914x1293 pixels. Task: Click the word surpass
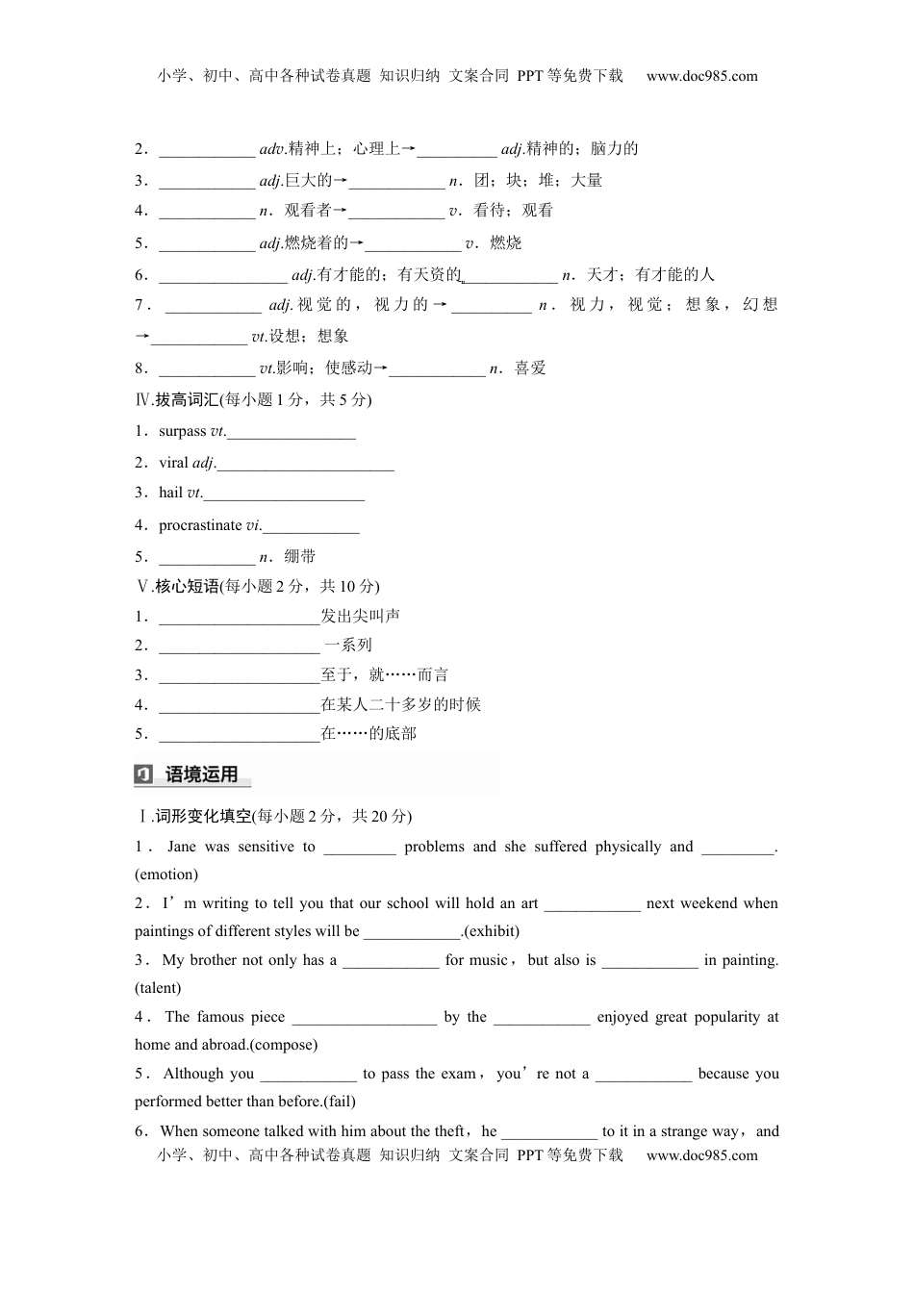183,431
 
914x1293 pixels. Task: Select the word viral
174,463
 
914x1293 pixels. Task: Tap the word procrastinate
200,525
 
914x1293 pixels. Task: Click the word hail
171,493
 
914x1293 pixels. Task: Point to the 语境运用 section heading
201,774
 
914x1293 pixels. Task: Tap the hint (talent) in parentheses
158,988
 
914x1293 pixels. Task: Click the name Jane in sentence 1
181,847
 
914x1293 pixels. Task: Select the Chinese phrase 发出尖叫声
361,616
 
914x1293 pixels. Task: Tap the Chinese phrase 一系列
348,645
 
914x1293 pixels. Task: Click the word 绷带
300,556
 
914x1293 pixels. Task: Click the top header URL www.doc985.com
701,76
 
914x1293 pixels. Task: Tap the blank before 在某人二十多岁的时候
239,705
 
